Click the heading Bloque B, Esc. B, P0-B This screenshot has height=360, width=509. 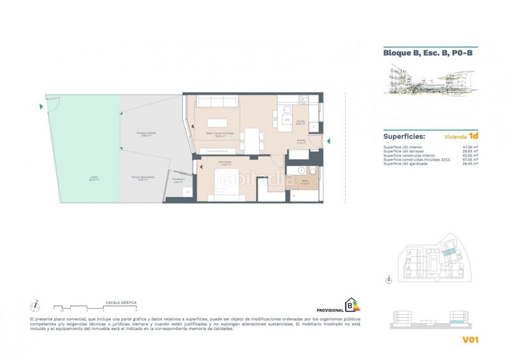(422, 54)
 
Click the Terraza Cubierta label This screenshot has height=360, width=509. (146, 134)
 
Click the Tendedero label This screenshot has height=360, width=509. (178, 179)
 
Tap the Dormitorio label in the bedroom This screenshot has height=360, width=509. (225, 162)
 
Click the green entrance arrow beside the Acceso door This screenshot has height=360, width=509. (328, 141)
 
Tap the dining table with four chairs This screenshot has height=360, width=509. (254, 138)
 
